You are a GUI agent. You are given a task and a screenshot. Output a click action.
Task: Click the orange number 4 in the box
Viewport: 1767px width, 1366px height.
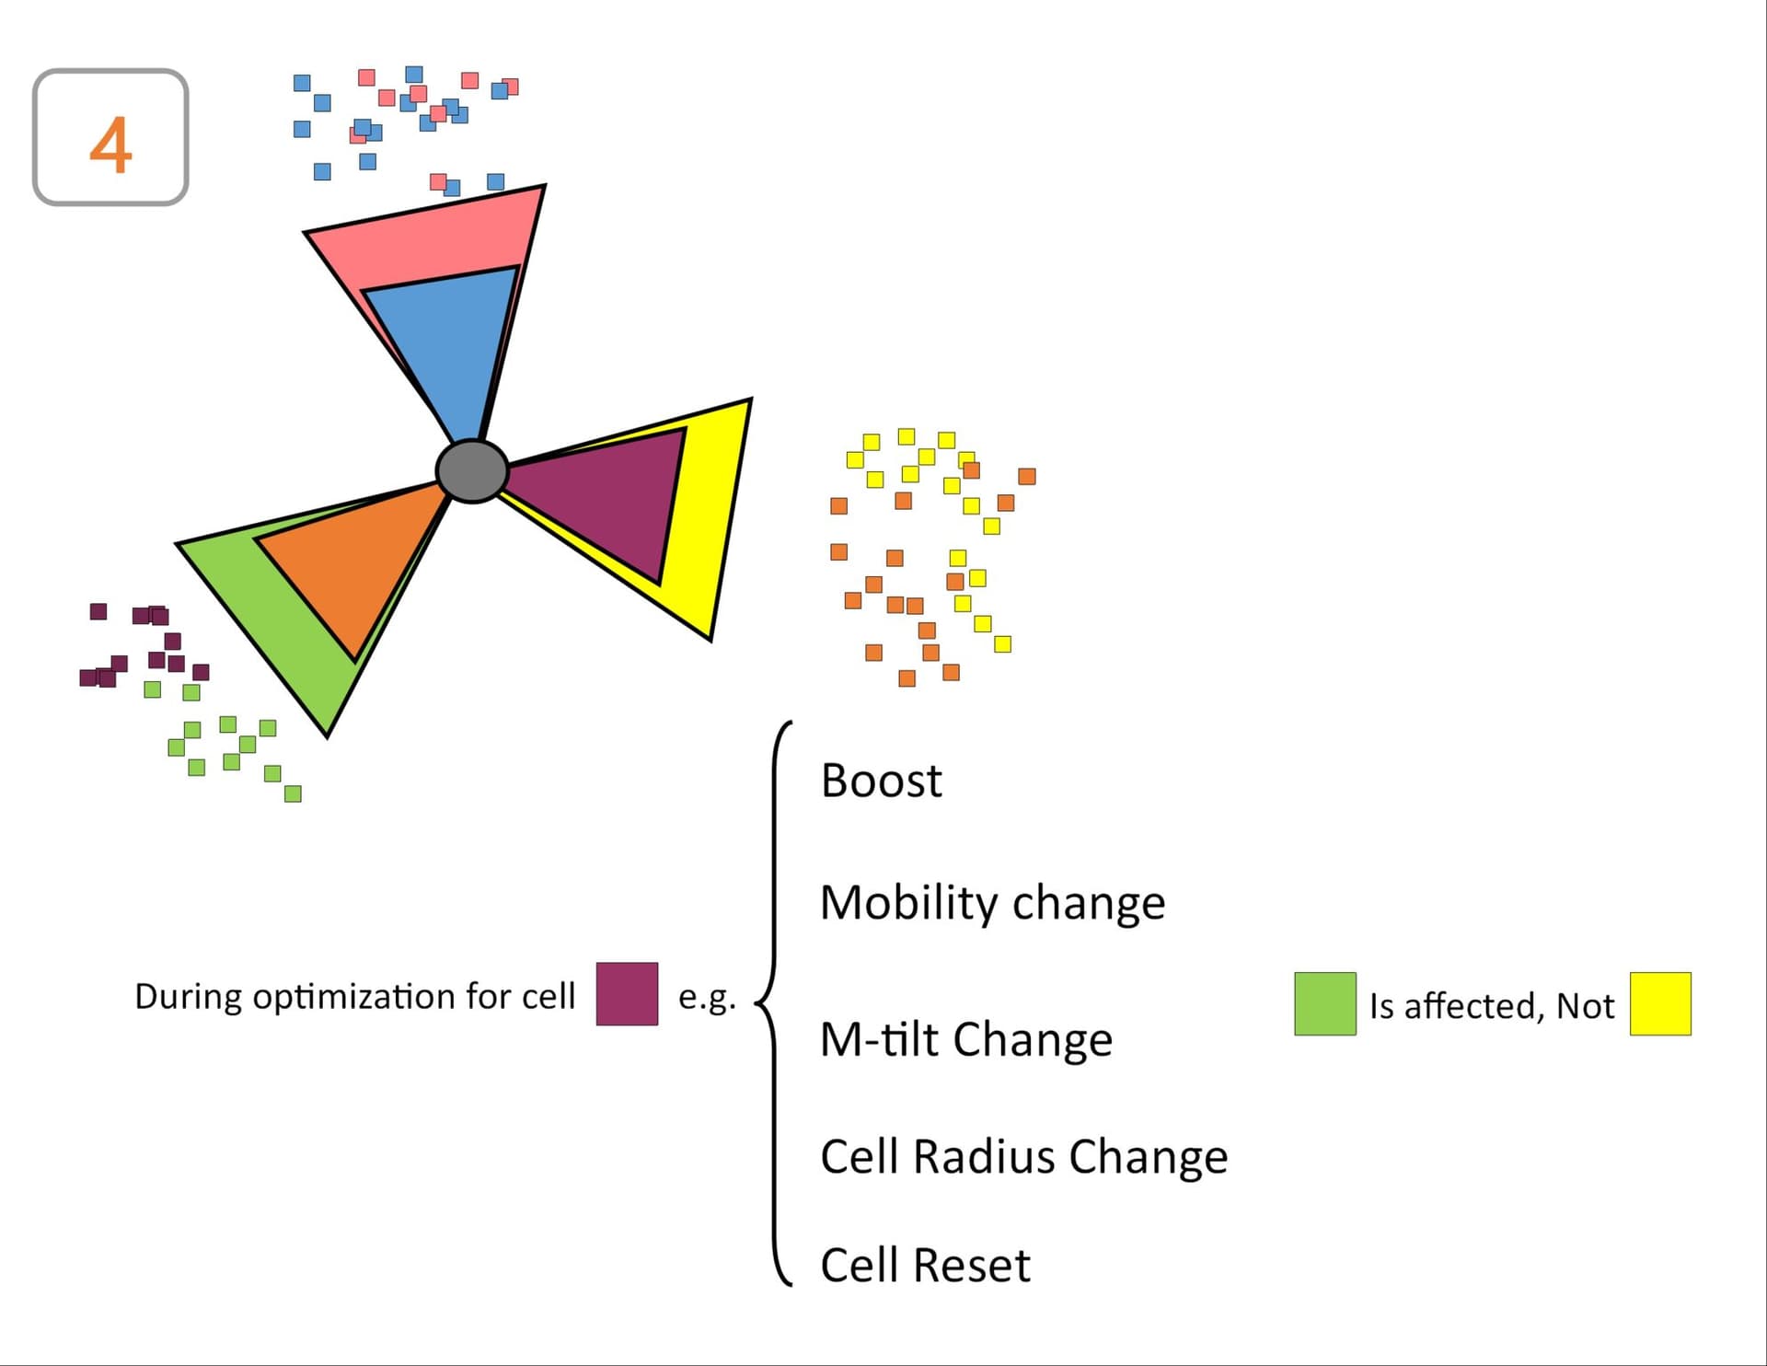tap(110, 145)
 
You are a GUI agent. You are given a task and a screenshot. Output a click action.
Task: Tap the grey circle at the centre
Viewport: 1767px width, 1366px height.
tap(471, 470)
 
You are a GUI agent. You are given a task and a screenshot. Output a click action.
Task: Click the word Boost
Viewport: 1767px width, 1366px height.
tap(881, 781)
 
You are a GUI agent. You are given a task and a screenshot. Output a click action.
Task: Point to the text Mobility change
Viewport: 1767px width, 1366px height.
tap(992, 903)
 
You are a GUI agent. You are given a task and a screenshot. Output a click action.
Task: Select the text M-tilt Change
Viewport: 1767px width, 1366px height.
tap(966, 1040)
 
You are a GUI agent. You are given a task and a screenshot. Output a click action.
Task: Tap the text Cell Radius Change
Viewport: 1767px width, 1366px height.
tap(1023, 1157)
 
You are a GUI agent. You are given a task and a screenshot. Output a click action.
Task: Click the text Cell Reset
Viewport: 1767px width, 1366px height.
tap(925, 1266)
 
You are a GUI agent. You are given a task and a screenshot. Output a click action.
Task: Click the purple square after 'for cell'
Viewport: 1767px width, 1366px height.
tap(627, 994)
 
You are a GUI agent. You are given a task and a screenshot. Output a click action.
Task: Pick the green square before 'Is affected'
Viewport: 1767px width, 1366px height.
tap(1325, 1003)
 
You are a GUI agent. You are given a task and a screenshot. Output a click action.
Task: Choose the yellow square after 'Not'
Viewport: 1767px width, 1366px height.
tap(1660, 1003)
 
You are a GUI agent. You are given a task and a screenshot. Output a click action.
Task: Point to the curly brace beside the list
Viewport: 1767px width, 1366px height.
tap(773, 1003)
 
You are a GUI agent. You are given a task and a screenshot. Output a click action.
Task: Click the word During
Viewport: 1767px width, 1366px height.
tap(189, 997)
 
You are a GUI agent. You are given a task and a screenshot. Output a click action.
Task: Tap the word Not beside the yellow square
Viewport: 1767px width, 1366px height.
tap(1585, 1006)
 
